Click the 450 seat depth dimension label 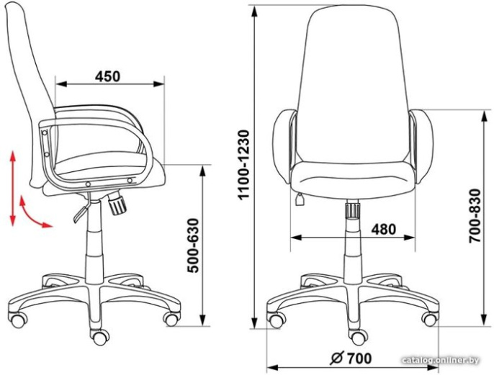108,76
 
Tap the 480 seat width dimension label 383,229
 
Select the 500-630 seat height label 193,245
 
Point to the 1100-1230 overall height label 244,165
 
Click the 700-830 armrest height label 475,216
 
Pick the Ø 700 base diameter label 351,358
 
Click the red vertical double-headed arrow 13,189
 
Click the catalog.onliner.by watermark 441,360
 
